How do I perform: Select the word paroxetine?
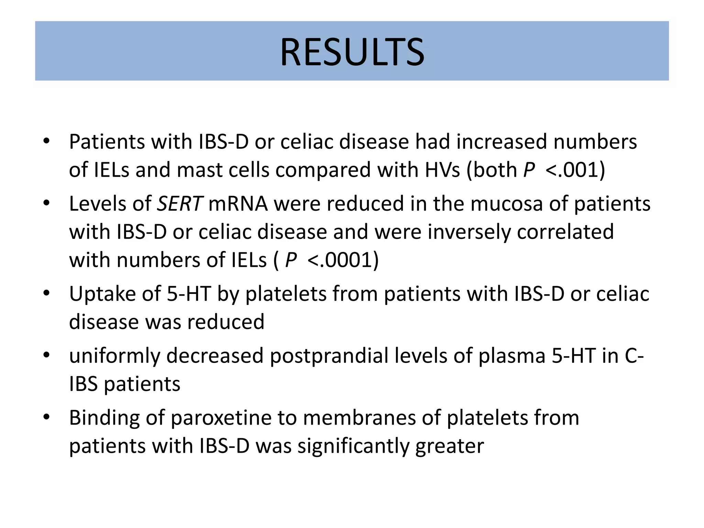(x=221, y=418)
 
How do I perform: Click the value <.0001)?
(x=342, y=260)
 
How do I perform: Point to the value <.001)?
(x=575, y=170)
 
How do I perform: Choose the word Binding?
(x=104, y=418)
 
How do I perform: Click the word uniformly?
(x=114, y=356)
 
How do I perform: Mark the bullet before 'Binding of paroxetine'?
(x=47, y=417)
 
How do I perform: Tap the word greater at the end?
(x=449, y=446)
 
